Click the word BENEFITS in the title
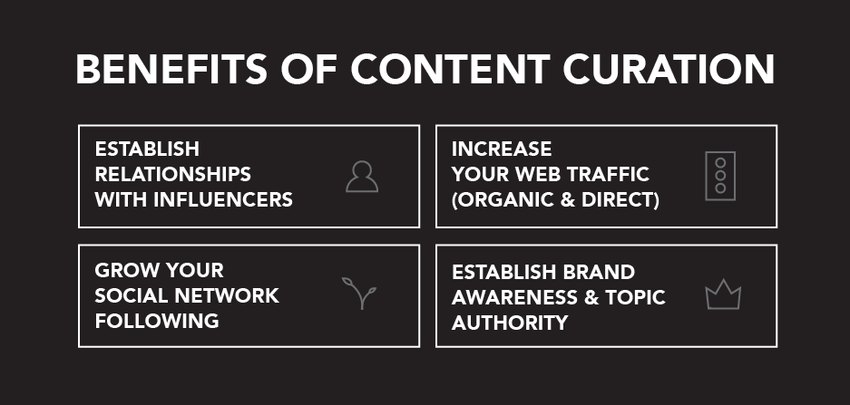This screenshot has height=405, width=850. [x=171, y=69]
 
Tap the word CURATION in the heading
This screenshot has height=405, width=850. [x=669, y=69]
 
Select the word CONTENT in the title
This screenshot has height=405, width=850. [x=451, y=69]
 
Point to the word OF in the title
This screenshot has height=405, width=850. [x=309, y=69]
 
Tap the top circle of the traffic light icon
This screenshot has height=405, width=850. [x=720, y=162]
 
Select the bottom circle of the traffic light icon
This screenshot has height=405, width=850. [x=720, y=188]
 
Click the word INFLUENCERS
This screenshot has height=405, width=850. [x=223, y=200]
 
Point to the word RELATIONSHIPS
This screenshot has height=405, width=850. [x=173, y=174]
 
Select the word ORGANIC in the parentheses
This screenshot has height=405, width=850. [x=502, y=200]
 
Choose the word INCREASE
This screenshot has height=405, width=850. [x=502, y=149]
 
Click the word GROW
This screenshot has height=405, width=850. [x=127, y=270]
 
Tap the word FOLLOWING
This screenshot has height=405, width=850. [x=157, y=321]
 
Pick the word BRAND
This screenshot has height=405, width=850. [x=599, y=272]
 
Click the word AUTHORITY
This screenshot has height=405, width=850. [x=510, y=323]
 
